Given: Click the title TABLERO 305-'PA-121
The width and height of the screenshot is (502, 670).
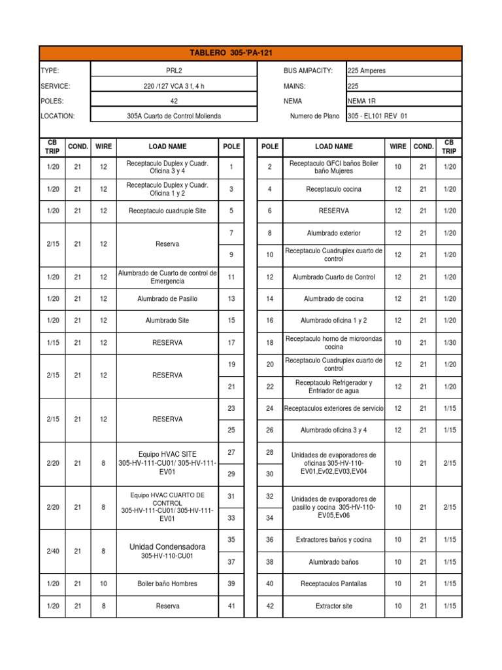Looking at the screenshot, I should [x=250, y=53].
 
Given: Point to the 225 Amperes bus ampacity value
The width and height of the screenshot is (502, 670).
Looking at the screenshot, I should [x=367, y=71].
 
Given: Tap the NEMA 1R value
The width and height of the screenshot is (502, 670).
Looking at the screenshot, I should [x=363, y=101].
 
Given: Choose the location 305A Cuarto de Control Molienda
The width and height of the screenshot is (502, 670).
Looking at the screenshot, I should [x=173, y=116].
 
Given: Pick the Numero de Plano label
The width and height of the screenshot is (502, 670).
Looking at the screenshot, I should [x=314, y=116].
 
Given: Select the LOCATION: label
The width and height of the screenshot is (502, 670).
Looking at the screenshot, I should [x=58, y=116].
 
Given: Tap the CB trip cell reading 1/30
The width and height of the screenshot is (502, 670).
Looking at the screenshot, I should [x=449, y=343].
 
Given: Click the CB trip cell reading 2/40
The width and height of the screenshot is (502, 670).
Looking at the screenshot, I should [x=53, y=551].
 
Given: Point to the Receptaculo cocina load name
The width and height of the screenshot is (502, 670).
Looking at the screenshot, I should [x=333, y=189].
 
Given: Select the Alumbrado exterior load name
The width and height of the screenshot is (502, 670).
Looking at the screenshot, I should [x=333, y=233].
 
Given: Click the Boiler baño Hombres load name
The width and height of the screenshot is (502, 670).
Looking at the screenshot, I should [x=167, y=584].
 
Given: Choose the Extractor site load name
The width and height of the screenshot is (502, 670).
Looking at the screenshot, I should [x=333, y=606].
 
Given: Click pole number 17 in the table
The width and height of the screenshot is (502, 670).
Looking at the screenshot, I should [x=231, y=343].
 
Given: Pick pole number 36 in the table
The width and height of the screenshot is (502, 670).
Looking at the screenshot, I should [x=269, y=540].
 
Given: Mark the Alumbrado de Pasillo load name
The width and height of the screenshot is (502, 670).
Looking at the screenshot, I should [x=167, y=299].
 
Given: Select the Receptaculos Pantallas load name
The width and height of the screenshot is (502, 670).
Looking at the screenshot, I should [x=333, y=584].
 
